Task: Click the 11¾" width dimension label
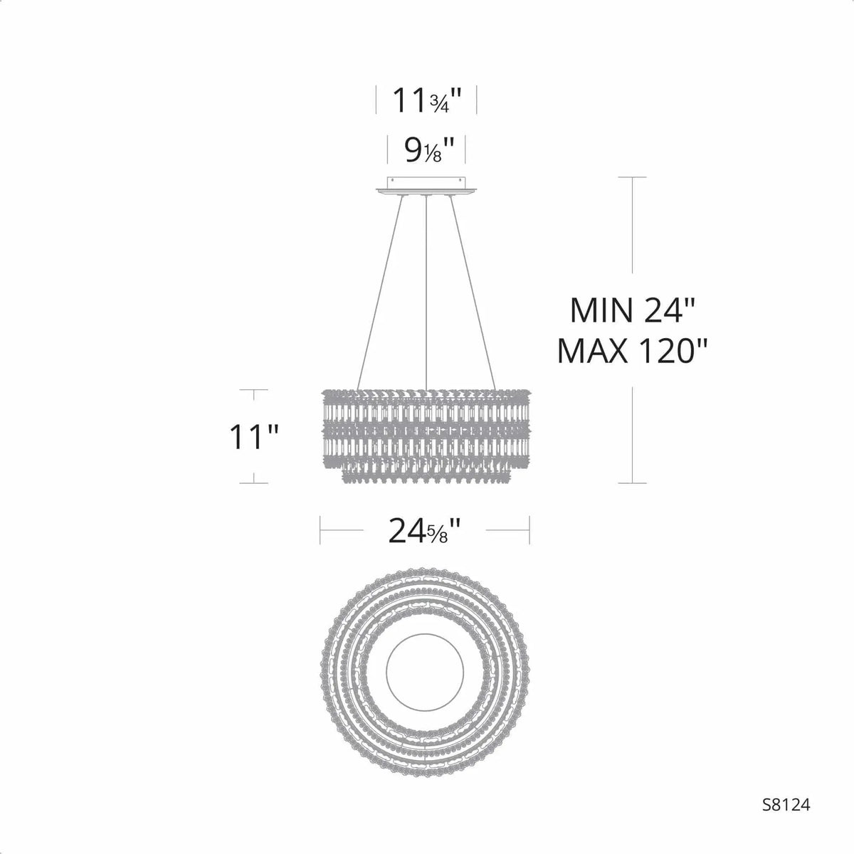[x=426, y=101]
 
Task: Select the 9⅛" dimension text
[x=426, y=149]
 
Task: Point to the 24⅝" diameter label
[x=425, y=530]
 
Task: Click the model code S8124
[x=786, y=824]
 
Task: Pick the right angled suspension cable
[x=471, y=292]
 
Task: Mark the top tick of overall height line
[x=632, y=176]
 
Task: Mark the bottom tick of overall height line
[x=632, y=483]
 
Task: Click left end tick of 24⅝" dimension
[x=320, y=530]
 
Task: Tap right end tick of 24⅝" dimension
[x=530, y=530]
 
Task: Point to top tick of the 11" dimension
[x=253, y=390]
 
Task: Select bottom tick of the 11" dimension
[x=253, y=483]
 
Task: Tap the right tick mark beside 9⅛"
[x=465, y=149]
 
